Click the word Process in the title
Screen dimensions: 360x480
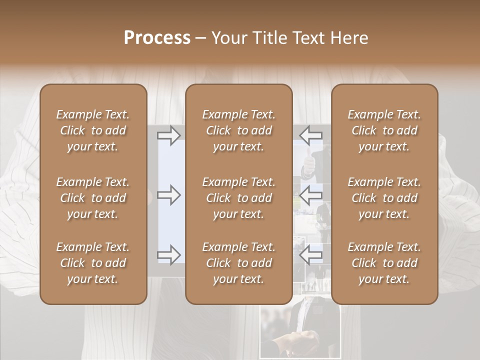click(x=157, y=38)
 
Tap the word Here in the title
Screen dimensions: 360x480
click(x=348, y=38)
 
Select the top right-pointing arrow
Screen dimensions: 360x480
click(x=168, y=135)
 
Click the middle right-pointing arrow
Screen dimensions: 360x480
click(x=168, y=194)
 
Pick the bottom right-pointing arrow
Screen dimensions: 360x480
click(x=168, y=254)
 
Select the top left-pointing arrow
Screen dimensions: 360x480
click(x=311, y=135)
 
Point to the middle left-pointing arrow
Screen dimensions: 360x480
click(x=311, y=194)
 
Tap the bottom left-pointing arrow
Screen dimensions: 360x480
click(x=311, y=254)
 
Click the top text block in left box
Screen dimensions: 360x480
click(x=93, y=130)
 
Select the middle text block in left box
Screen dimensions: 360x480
click(x=93, y=198)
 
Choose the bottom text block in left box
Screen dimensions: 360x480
click(x=93, y=263)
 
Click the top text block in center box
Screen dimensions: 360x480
click(x=238, y=130)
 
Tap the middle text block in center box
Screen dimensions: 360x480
click(x=238, y=198)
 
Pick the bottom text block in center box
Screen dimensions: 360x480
click(x=238, y=263)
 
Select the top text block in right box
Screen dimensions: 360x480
click(x=384, y=130)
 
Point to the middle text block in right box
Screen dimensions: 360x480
click(x=384, y=198)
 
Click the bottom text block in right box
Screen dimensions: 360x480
click(x=384, y=263)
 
